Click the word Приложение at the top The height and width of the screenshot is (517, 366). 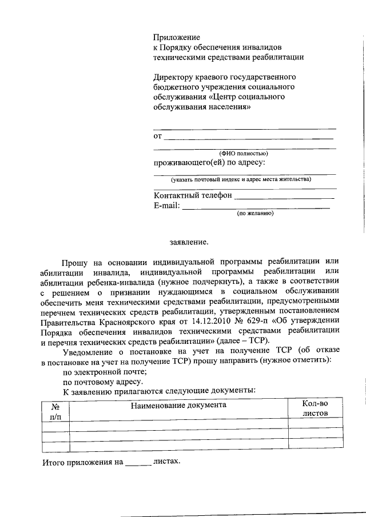pyautogui.click(x=176, y=37)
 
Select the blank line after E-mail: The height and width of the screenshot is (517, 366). pyautogui.click(x=256, y=207)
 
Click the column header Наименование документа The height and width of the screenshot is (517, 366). pyautogui.click(x=178, y=405)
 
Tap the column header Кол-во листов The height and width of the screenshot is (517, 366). pyautogui.click(x=315, y=409)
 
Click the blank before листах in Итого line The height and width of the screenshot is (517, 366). pyautogui.click(x=138, y=462)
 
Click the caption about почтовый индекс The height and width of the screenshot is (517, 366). pyautogui.click(x=244, y=179)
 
